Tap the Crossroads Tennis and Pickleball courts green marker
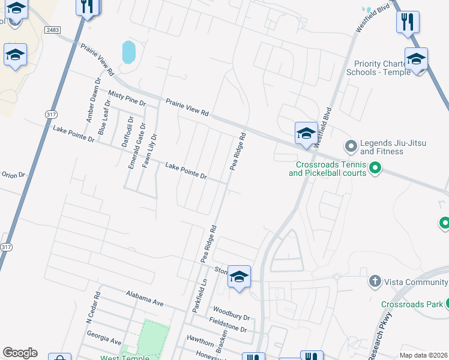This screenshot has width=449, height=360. click(375, 167)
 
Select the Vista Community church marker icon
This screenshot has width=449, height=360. click(375, 281)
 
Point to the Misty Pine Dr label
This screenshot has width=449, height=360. click(127, 98)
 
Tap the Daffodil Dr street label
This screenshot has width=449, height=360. click(127, 131)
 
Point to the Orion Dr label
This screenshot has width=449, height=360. click(12, 175)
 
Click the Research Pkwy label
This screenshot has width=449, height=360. click(380, 335)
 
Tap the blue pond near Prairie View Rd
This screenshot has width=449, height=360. click(128, 52)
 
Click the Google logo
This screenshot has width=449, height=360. click(20, 353)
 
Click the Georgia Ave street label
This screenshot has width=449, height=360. click(104, 338)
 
